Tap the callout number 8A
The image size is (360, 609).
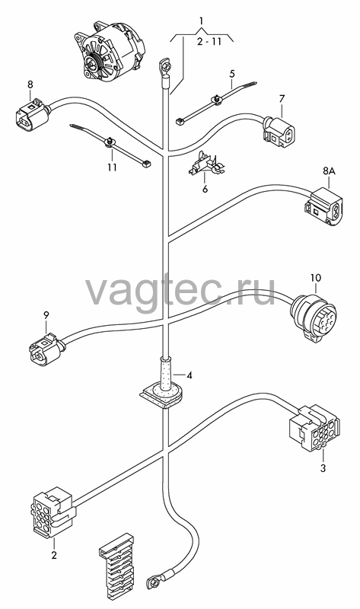point(329,171)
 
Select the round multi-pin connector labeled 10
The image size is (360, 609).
point(314,317)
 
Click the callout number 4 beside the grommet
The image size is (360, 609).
point(189,375)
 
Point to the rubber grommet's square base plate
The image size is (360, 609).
point(162,396)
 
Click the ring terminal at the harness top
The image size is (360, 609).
point(165,67)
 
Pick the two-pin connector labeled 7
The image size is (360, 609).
point(278,132)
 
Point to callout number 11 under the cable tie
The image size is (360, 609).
point(112,167)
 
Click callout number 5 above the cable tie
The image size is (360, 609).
point(232,73)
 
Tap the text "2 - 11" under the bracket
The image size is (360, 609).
point(209,41)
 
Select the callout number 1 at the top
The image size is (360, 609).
point(201,21)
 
